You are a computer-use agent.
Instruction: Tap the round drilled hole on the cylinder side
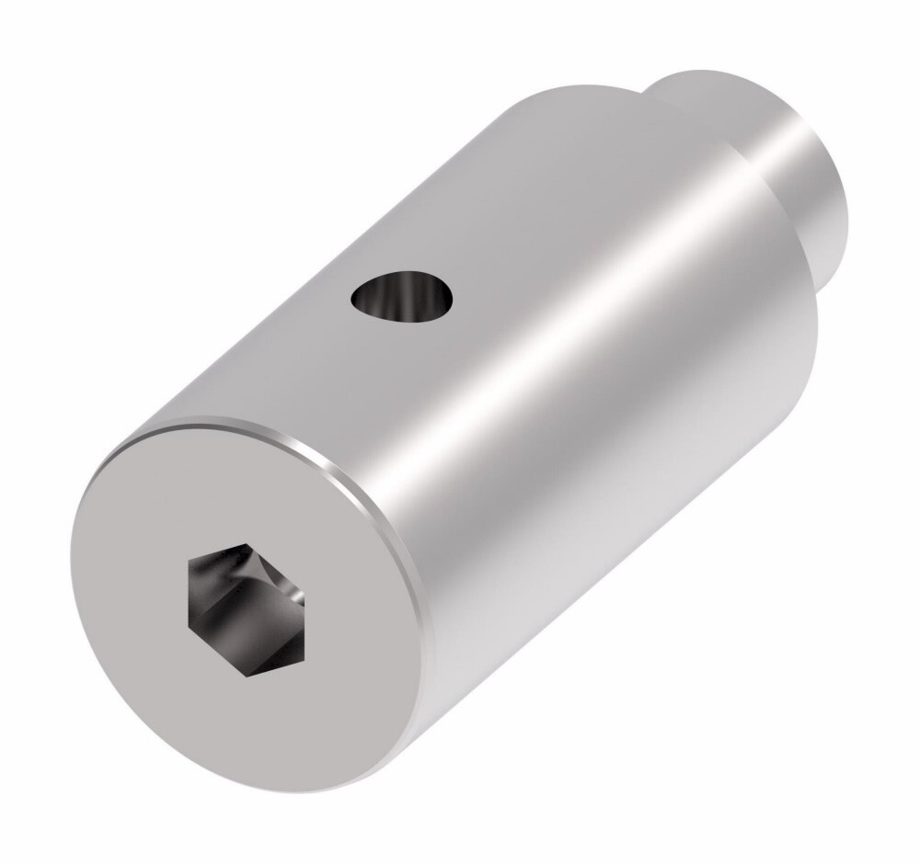[403, 298]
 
